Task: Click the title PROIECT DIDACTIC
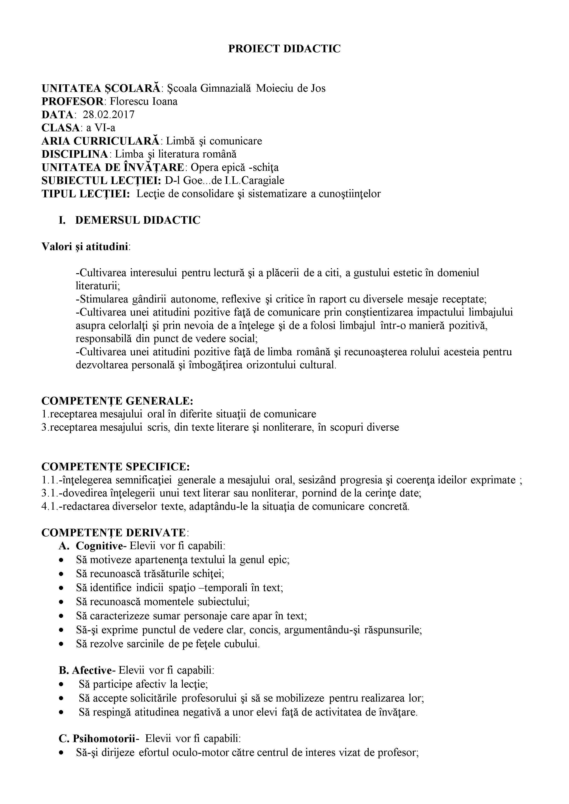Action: [x=284, y=49]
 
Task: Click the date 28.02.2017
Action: [x=109, y=115]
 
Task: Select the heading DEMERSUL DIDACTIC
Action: [x=138, y=220]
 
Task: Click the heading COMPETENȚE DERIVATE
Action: [x=114, y=533]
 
